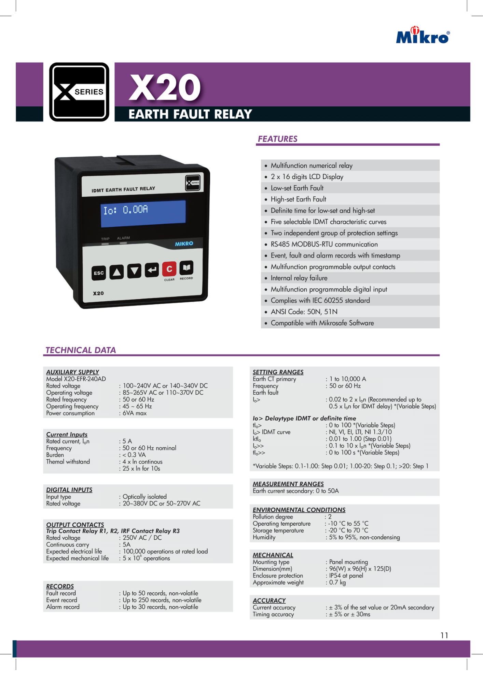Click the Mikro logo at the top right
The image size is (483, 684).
tap(423, 35)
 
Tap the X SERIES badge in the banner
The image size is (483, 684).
tap(79, 92)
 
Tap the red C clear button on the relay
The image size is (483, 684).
tap(169, 269)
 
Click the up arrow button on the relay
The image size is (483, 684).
tap(116, 272)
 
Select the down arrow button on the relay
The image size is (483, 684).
tap(134, 271)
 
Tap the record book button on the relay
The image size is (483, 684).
tap(186, 267)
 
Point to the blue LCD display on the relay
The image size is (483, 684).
tap(143, 213)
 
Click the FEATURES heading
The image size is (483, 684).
tap(277, 139)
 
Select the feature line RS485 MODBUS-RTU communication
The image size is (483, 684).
tap(324, 244)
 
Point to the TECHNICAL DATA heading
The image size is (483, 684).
tap(81, 350)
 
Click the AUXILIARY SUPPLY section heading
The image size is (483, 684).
tap(73, 372)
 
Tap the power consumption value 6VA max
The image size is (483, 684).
tap(135, 413)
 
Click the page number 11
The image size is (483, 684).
tap(444, 635)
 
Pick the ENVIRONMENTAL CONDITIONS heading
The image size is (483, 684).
tap(299, 510)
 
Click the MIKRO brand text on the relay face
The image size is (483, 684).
tap(184, 244)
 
